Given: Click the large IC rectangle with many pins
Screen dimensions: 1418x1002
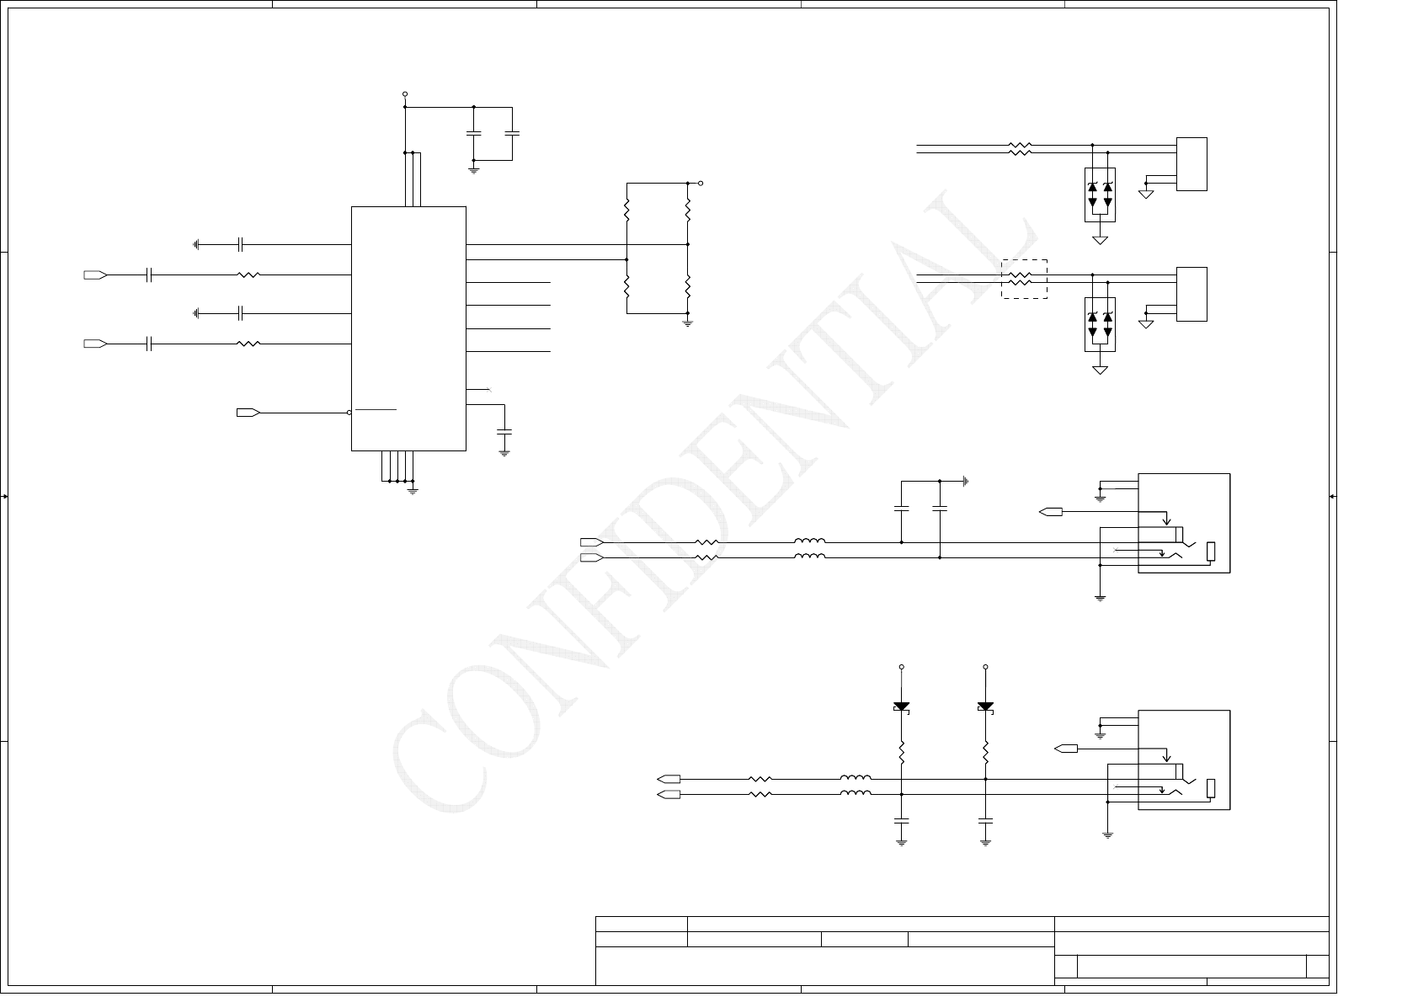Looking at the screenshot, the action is tap(408, 328).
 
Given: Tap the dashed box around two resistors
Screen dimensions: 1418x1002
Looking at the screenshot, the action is tap(1024, 279).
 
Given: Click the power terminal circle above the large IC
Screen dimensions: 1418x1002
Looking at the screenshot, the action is tap(405, 94).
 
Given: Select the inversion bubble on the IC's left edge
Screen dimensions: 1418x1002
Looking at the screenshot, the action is tap(349, 413).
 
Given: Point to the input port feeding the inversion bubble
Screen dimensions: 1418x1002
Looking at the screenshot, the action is tap(248, 413).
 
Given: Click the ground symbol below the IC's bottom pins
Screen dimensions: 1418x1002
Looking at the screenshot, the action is tap(413, 490).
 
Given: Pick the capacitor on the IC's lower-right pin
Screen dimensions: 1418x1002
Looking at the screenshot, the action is tap(504, 431).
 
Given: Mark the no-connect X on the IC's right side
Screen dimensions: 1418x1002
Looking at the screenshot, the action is tap(490, 389).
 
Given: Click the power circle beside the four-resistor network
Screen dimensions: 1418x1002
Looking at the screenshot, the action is tap(701, 183).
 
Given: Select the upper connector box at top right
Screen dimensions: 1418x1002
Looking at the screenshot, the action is tap(1191, 164).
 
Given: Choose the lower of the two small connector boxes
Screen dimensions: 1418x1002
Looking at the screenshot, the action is tap(1191, 294).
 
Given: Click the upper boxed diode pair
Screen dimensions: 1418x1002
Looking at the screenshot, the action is tap(1100, 195).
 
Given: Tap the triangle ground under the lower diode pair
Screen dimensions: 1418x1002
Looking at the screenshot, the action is tap(1100, 370).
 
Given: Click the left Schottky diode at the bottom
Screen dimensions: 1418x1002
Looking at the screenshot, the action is tap(901, 707).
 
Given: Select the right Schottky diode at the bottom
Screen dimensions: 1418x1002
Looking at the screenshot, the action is tap(985, 707).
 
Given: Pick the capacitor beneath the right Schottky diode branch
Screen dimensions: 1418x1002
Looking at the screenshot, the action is tap(985, 819).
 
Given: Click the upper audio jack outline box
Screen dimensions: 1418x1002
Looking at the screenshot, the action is tap(1184, 523).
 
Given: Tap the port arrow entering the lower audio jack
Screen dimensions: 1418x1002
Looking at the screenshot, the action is tap(1066, 749).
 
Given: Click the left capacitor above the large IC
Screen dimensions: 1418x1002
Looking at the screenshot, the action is tap(473, 133).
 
